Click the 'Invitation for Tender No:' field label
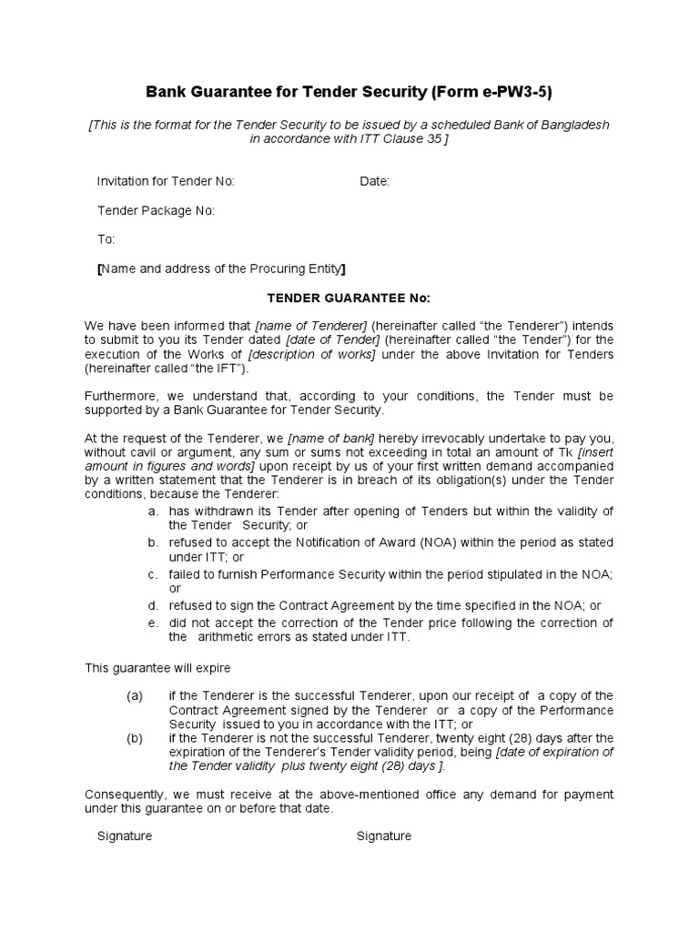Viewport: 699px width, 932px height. [x=166, y=181]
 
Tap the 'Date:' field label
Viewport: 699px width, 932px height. [x=374, y=181]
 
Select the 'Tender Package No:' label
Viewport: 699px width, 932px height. [x=156, y=210]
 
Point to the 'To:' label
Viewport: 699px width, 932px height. [x=106, y=239]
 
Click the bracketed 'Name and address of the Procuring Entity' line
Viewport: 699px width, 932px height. [x=221, y=268]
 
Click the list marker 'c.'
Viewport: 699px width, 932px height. [x=153, y=574]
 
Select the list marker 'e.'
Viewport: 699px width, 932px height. [x=153, y=623]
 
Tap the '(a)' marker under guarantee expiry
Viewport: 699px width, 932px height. [x=135, y=695]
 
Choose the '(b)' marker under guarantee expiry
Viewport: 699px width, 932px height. [x=135, y=738]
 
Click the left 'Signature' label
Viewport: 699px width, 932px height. [x=125, y=836]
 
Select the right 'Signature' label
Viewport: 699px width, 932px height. [x=383, y=836]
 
